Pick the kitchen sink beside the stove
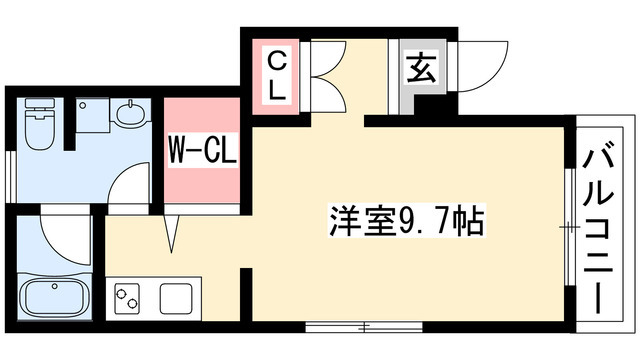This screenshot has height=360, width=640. click(176, 297)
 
